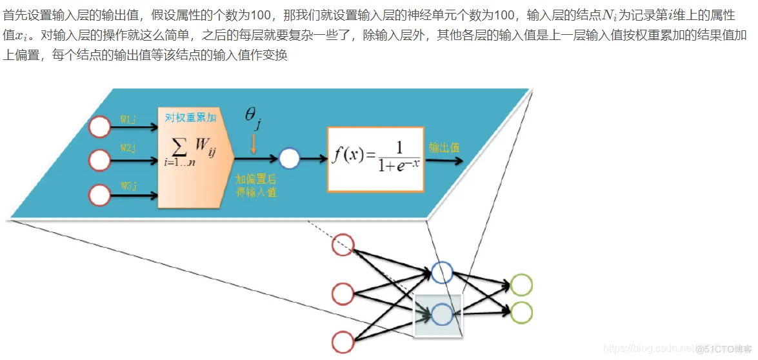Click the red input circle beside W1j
pyautogui.click(x=100, y=127)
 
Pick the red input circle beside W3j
pyautogui.click(x=100, y=194)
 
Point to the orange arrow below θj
pyautogui.click(x=254, y=143)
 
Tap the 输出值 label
pyautogui.click(x=444, y=148)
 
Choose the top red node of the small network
pyautogui.click(x=343, y=245)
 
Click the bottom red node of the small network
pyautogui.click(x=343, y=341)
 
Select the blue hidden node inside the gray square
pyautogui.click(x=443, y=315)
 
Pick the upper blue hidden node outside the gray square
pyautogui.click(x=443, y=273)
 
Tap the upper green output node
pyautogui.click(x=521, y=285)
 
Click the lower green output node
pyautogui.click(x=521, y=313)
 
